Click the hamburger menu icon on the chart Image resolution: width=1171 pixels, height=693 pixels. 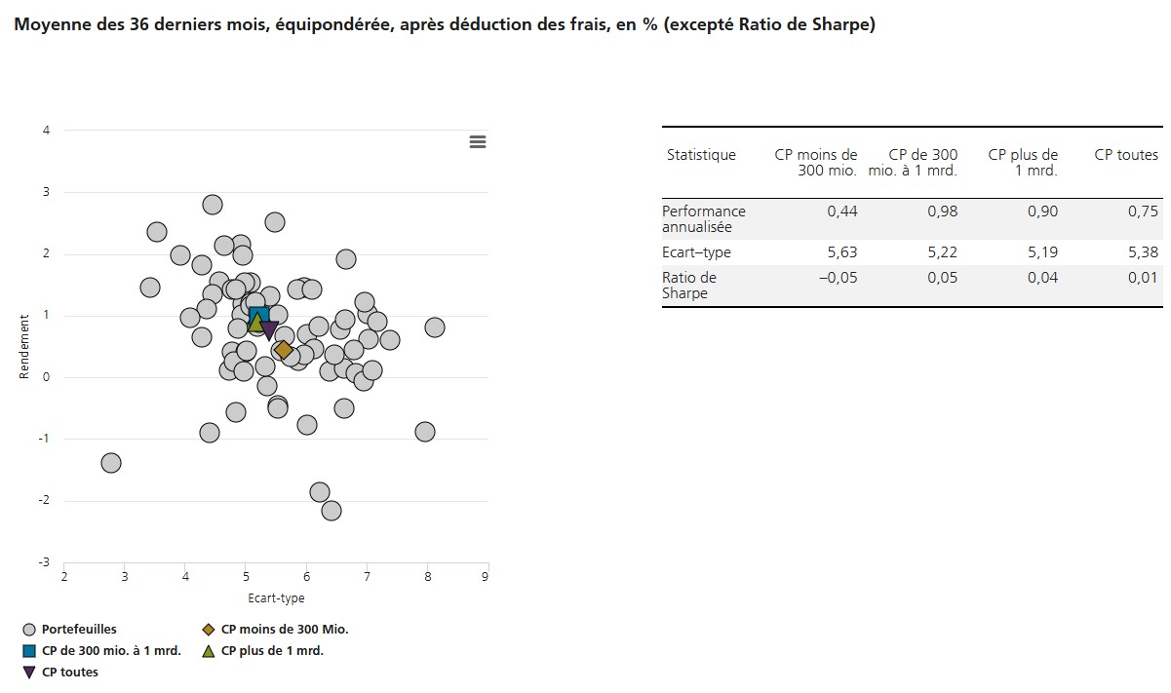coord(478,142)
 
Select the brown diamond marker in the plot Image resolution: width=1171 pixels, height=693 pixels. coord(284,350)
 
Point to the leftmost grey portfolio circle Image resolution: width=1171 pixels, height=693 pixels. coord(111,462)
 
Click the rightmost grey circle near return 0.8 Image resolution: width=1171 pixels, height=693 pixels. coord(435,327)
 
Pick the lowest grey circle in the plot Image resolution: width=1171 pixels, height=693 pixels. coord(332,511)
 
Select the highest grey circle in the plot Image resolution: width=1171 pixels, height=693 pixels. coord(213,205)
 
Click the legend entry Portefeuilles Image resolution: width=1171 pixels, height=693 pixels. coord(78,630)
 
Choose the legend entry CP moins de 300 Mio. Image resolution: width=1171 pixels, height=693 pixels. coord(284,630)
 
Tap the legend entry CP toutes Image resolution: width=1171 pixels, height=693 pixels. coord(69,673)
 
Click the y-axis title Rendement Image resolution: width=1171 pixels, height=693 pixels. coord(25,346)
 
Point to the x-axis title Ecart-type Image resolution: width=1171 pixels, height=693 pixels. coord(276,598)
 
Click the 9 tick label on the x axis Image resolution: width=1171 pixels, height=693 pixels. coord(486,578)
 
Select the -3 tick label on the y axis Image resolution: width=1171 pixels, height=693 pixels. coord(44,562)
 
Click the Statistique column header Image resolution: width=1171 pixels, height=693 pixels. coord(701,155)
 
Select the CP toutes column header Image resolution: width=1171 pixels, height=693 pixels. coord(1126,155)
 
